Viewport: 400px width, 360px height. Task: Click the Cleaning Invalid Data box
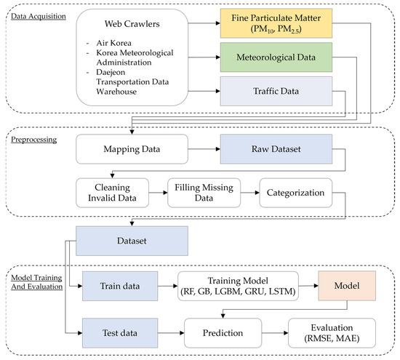point(113,192)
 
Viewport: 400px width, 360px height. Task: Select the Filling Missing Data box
point(203,192)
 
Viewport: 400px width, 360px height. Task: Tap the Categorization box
point(292,192)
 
